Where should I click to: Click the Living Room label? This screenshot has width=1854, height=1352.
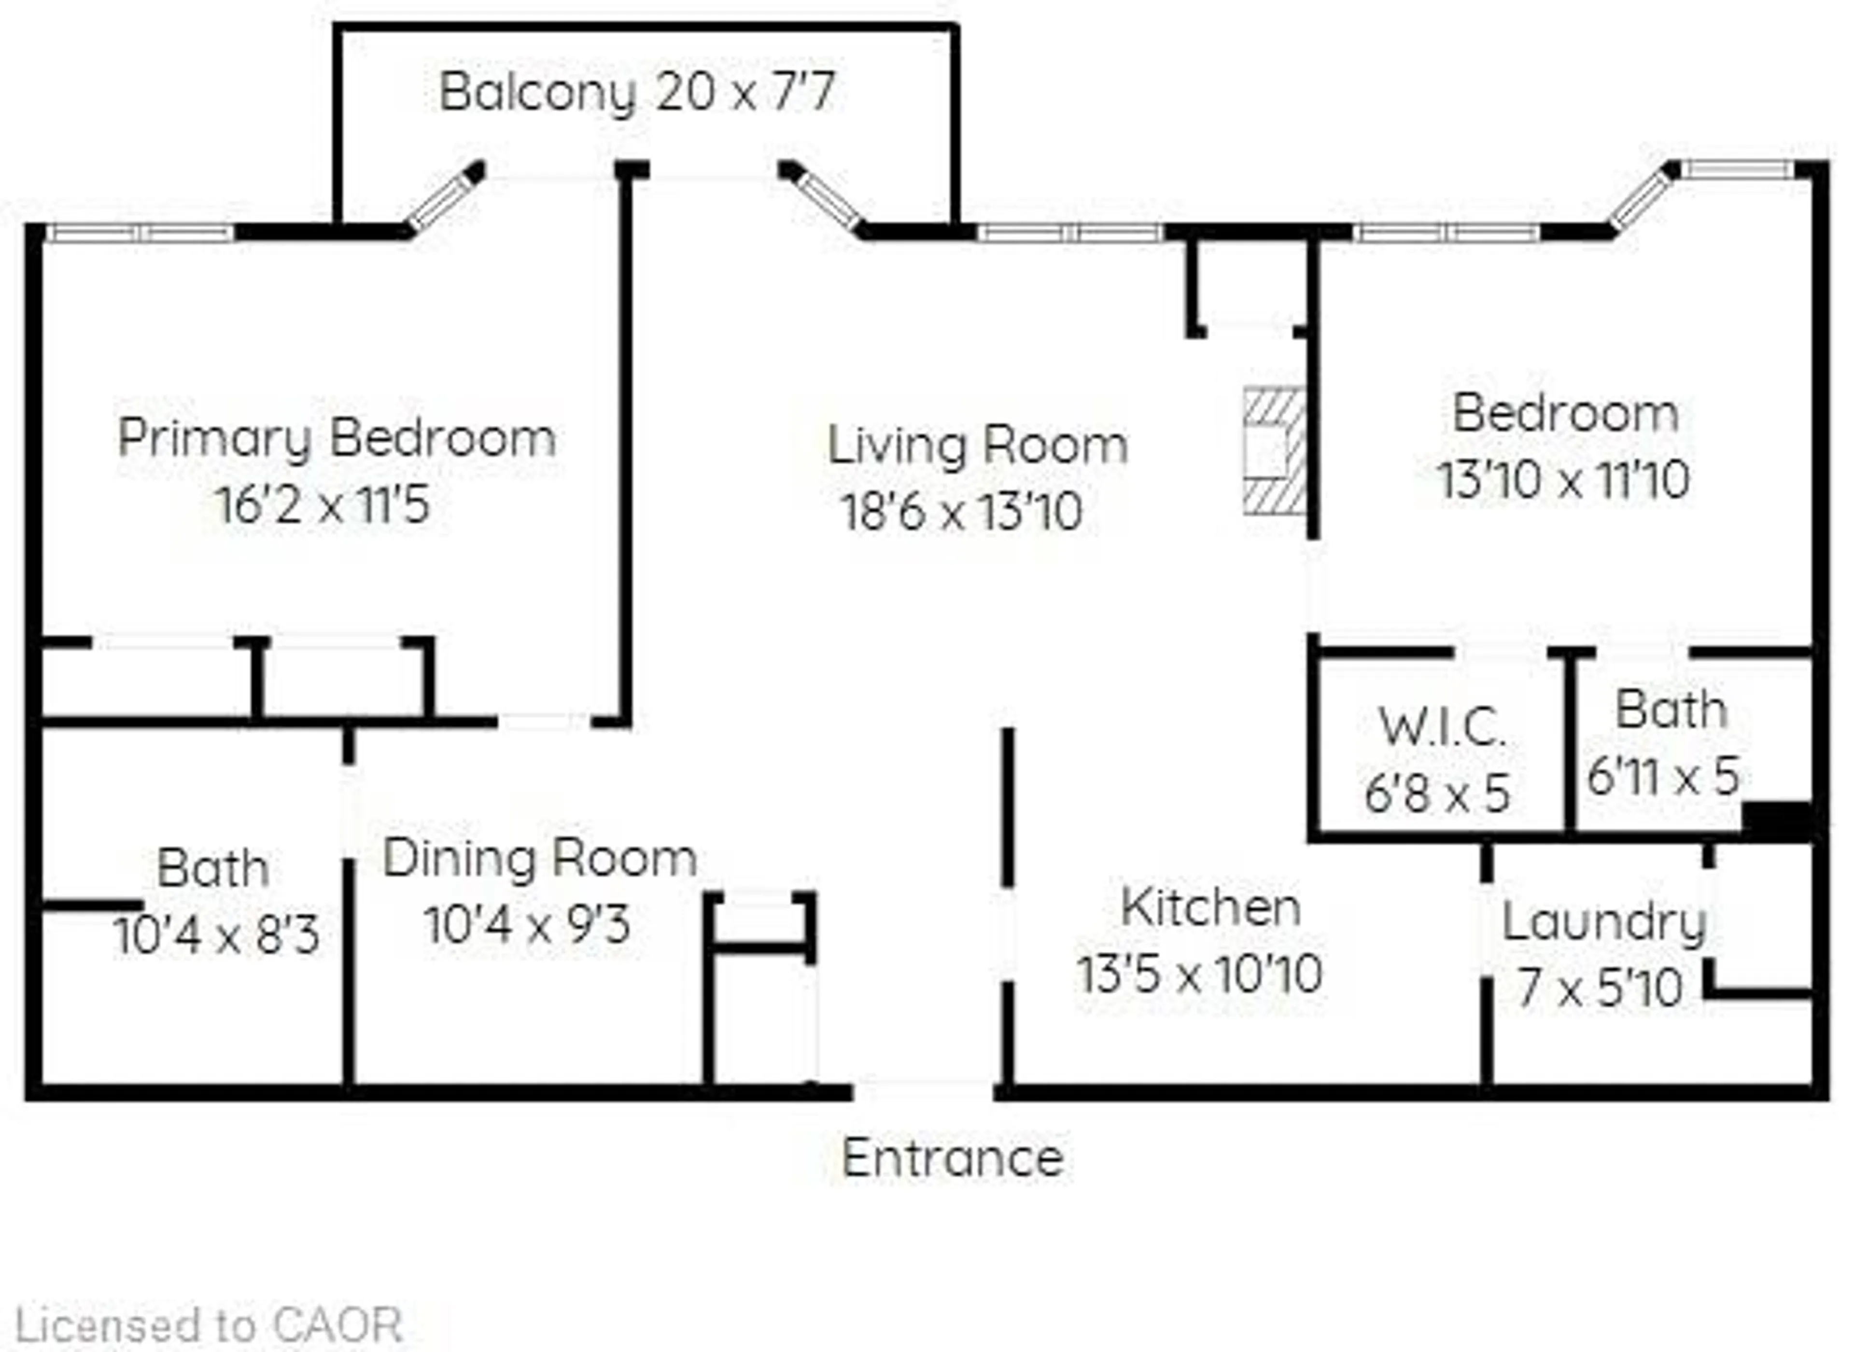pos(977,446)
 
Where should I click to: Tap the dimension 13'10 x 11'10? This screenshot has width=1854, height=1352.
pos(1563,480)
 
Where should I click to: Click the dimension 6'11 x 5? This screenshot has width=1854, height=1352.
pos(1663,776)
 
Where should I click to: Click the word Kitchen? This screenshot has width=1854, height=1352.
pos(1210,907)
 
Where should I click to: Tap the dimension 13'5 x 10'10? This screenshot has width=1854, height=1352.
pos(1200,975)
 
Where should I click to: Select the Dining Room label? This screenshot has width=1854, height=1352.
pos(539,859)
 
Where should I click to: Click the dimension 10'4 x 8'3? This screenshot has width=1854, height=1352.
pos(217,935)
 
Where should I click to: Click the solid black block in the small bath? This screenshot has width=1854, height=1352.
pos(1776,821)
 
